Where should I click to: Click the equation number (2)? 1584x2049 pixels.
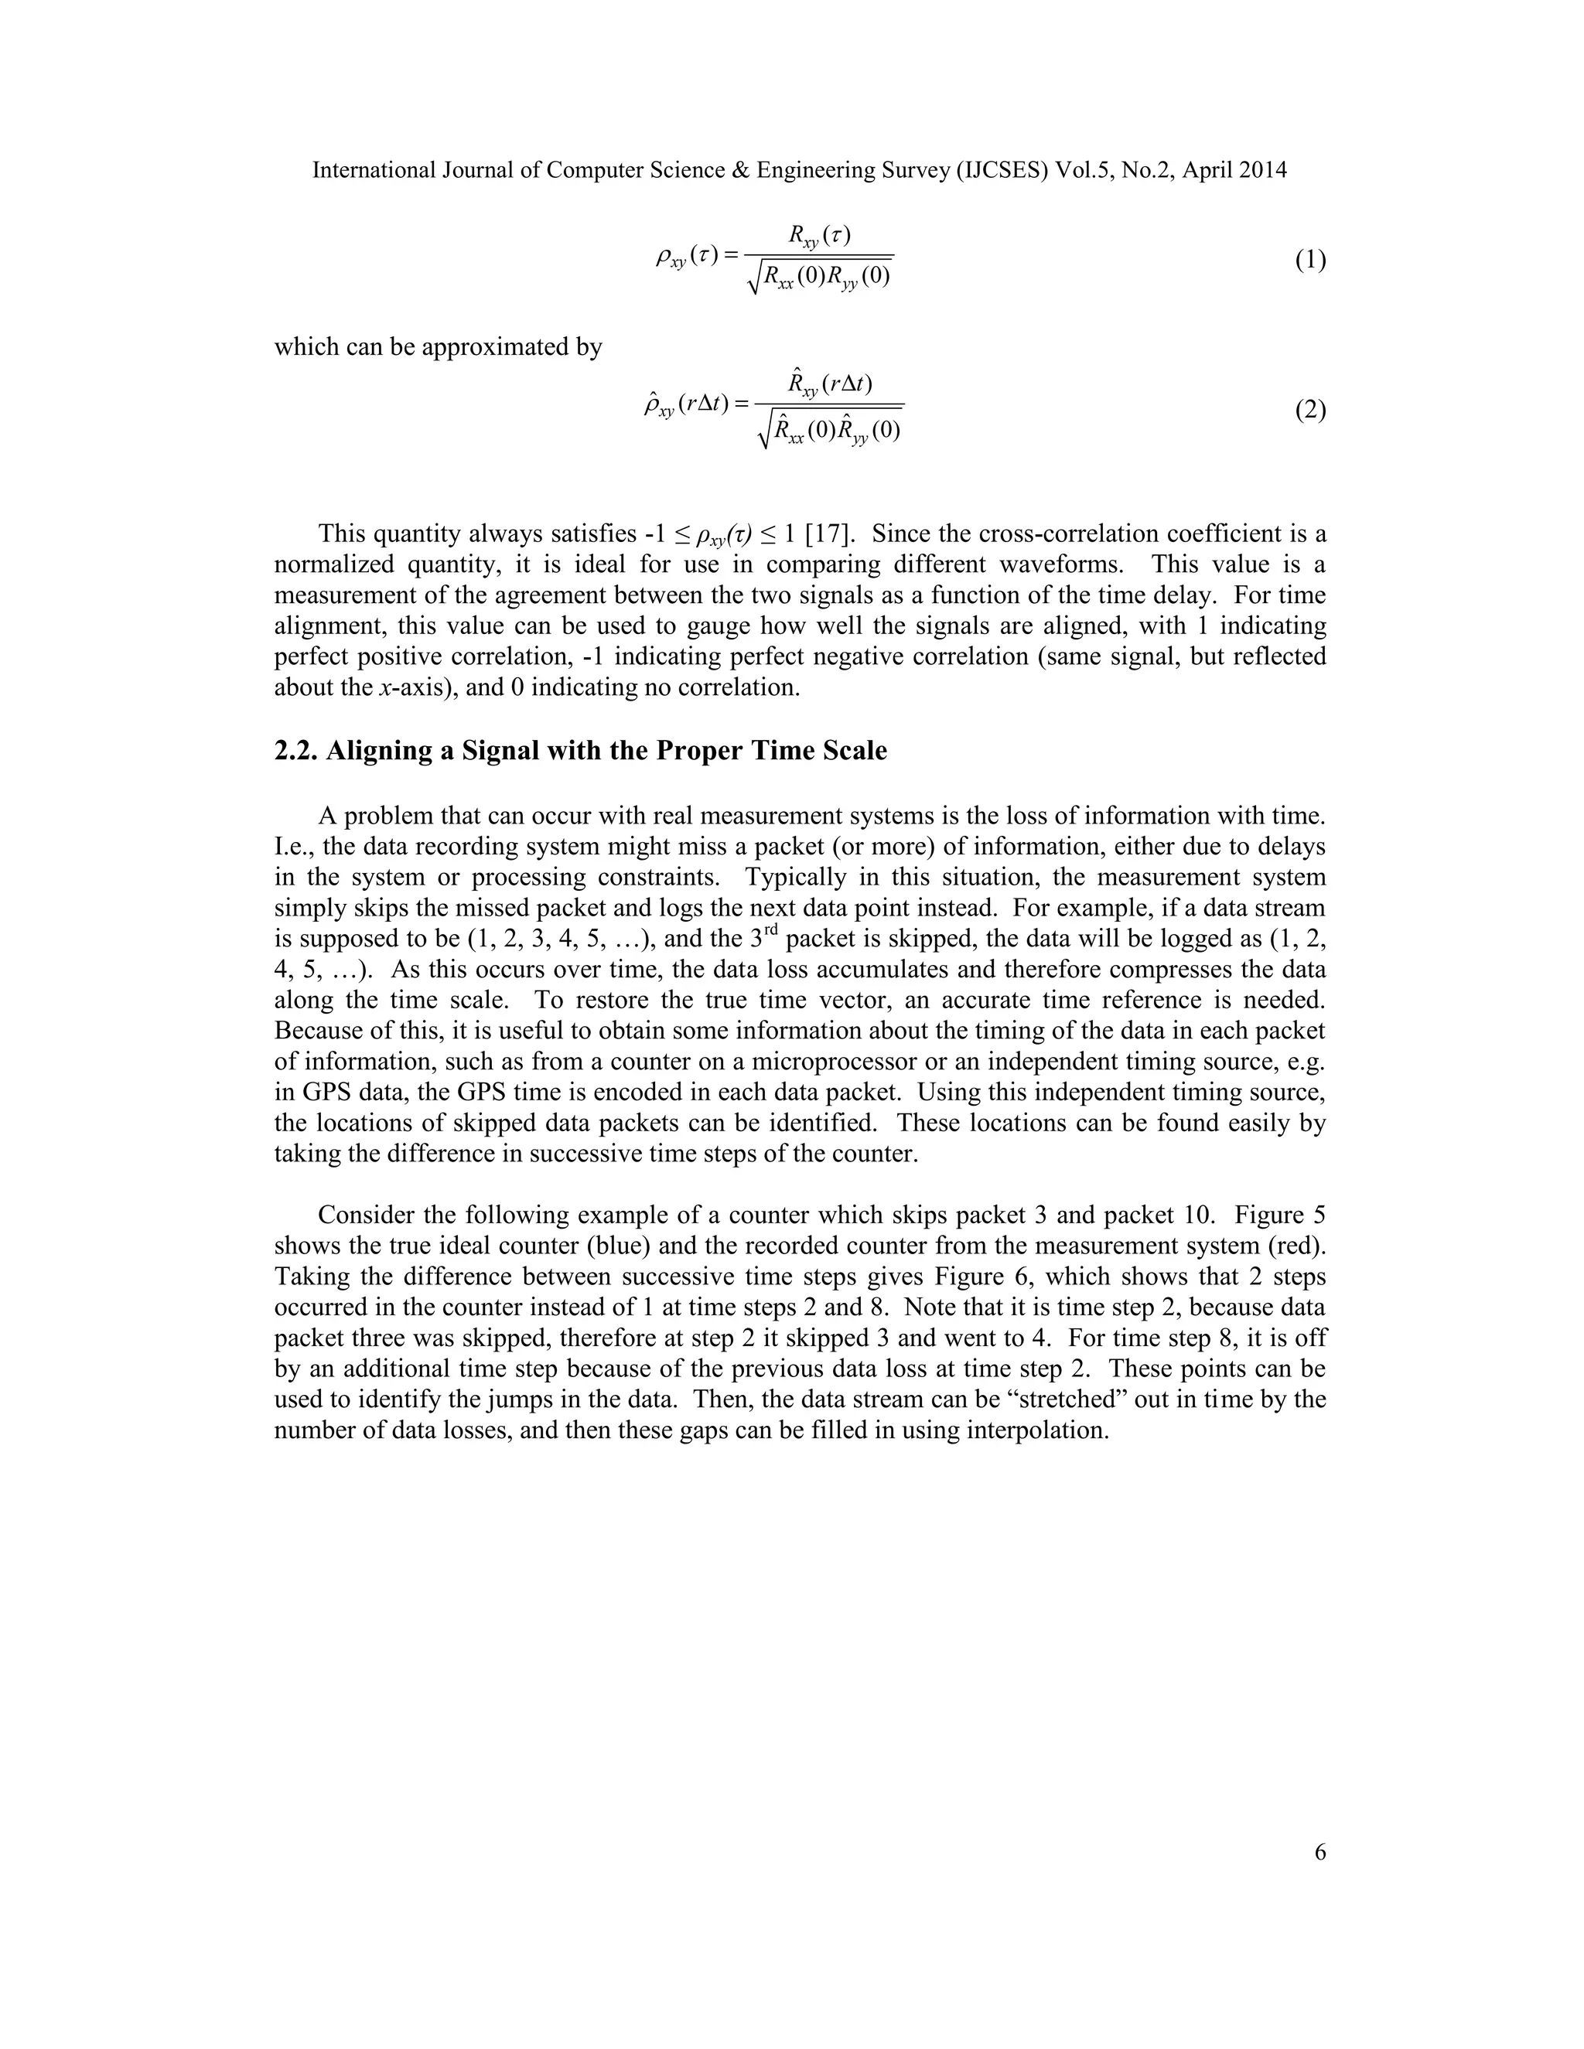pyautogui.click(x=1310, y=410)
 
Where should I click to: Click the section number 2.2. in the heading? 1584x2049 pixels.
pyautogui.click(x=295, y=752)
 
